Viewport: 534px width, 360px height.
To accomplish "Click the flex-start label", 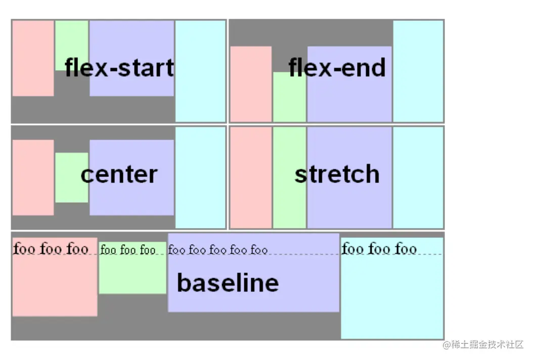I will pyautogui.click(x=119, y=68).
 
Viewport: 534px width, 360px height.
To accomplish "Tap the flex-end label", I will pyautogui.click(x=337, y=68).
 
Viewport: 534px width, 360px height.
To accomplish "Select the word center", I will pyautogui.click(x=119, y=174).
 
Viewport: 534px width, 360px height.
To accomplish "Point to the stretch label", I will pyautogui.click(x=337, y=174).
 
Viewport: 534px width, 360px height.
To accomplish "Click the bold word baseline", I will pyautogui.click(x=228, y=283).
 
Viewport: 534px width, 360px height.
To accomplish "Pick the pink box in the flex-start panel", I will pyautogui.click(x=33, y=58).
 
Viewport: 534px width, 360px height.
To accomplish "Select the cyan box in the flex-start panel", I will pyautogui.click(x=200, y=71).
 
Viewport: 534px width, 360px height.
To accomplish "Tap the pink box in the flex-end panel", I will pyautogui.click(x=251, y=84).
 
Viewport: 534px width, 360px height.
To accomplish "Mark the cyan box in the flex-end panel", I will pyautogui.click(x=418, y=71).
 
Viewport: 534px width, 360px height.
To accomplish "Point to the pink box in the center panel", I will pyautogui.click(x=33, y=177).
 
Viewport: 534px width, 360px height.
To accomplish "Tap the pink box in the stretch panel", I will pyautogui.click(x=251, y=177).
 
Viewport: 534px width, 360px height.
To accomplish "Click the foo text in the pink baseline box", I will pyautogui.click(x=51, y=249).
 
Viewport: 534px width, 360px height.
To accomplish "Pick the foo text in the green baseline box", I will pyautogui.click(x=128, y=249).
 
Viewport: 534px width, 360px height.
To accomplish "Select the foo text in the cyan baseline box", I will pyautogui.click(x=379, y=249).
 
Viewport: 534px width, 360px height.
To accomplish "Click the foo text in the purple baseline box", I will pyautogui.click(x=217, y=249).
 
